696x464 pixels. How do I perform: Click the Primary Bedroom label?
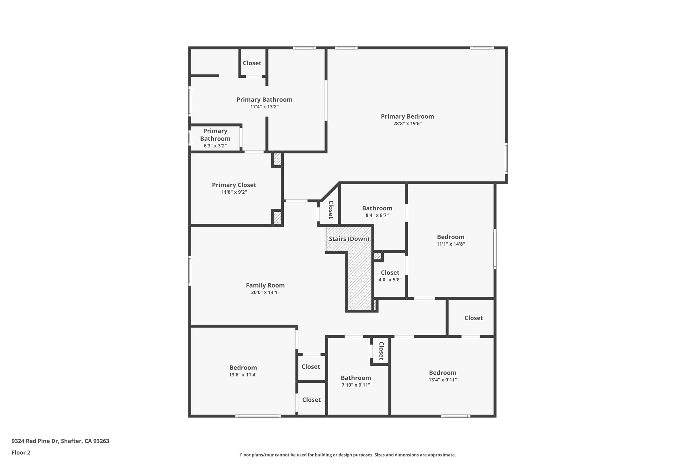[x=407, y=117]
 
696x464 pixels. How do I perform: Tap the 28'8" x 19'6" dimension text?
[x=407, y=124]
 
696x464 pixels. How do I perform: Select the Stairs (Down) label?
[x=349, y=239]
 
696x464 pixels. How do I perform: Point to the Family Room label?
[x=265, y=286]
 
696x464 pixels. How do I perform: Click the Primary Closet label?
[x=234, y=185]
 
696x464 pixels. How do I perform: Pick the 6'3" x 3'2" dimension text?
[x=215, y=146]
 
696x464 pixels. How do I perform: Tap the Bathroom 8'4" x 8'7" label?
[x=377, y=208]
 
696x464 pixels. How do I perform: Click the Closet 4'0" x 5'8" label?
[x=390, y=273]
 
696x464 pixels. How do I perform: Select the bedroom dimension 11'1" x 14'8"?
[x=451, y=244]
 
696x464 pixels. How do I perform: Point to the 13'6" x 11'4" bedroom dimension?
[x=243, y=375]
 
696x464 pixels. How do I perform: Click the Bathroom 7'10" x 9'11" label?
[x=356, y=378]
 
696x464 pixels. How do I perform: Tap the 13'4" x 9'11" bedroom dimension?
[x=442, y=380]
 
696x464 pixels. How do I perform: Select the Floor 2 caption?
[x=21, y=452]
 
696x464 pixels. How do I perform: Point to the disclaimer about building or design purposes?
[x=348, y=455]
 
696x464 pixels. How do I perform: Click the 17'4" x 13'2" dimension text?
[x=264, y=107]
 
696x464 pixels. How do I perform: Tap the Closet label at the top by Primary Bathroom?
[x=252, y=63]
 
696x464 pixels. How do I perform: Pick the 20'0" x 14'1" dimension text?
[x=265, y=293]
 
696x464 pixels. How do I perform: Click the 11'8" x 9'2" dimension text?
[x=234, y=192]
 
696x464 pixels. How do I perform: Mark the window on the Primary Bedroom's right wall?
[x=506, y=158]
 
